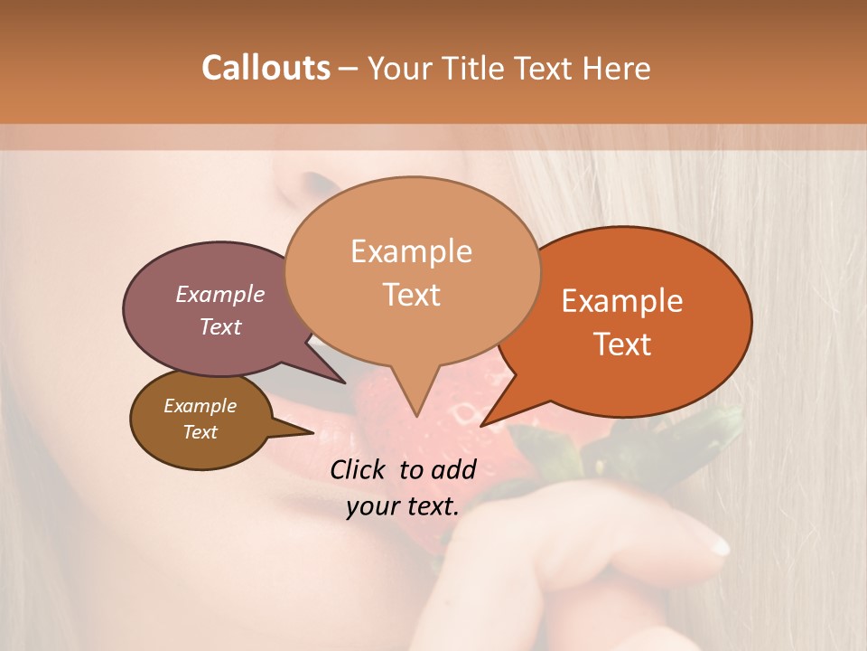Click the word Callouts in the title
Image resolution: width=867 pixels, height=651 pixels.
pyautogui.click(x=266, y=68)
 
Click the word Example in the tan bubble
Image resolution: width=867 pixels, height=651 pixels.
pyautogui.click(x=411, y=251)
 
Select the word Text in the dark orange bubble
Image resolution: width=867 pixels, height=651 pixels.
pyautogui.click(x=623, y=344)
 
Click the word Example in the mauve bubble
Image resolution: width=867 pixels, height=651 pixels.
pyautogui.click(x=220, y=294)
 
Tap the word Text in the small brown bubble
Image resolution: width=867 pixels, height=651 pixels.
pyautogui.click(x=200, y=432)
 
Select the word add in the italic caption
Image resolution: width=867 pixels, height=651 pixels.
pyautogui.click(x=453, y=469)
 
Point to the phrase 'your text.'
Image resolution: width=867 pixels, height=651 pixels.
pyautogui.click(x=403, y=507)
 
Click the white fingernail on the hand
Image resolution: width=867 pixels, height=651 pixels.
pyautogui.click(x=718, y=543)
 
